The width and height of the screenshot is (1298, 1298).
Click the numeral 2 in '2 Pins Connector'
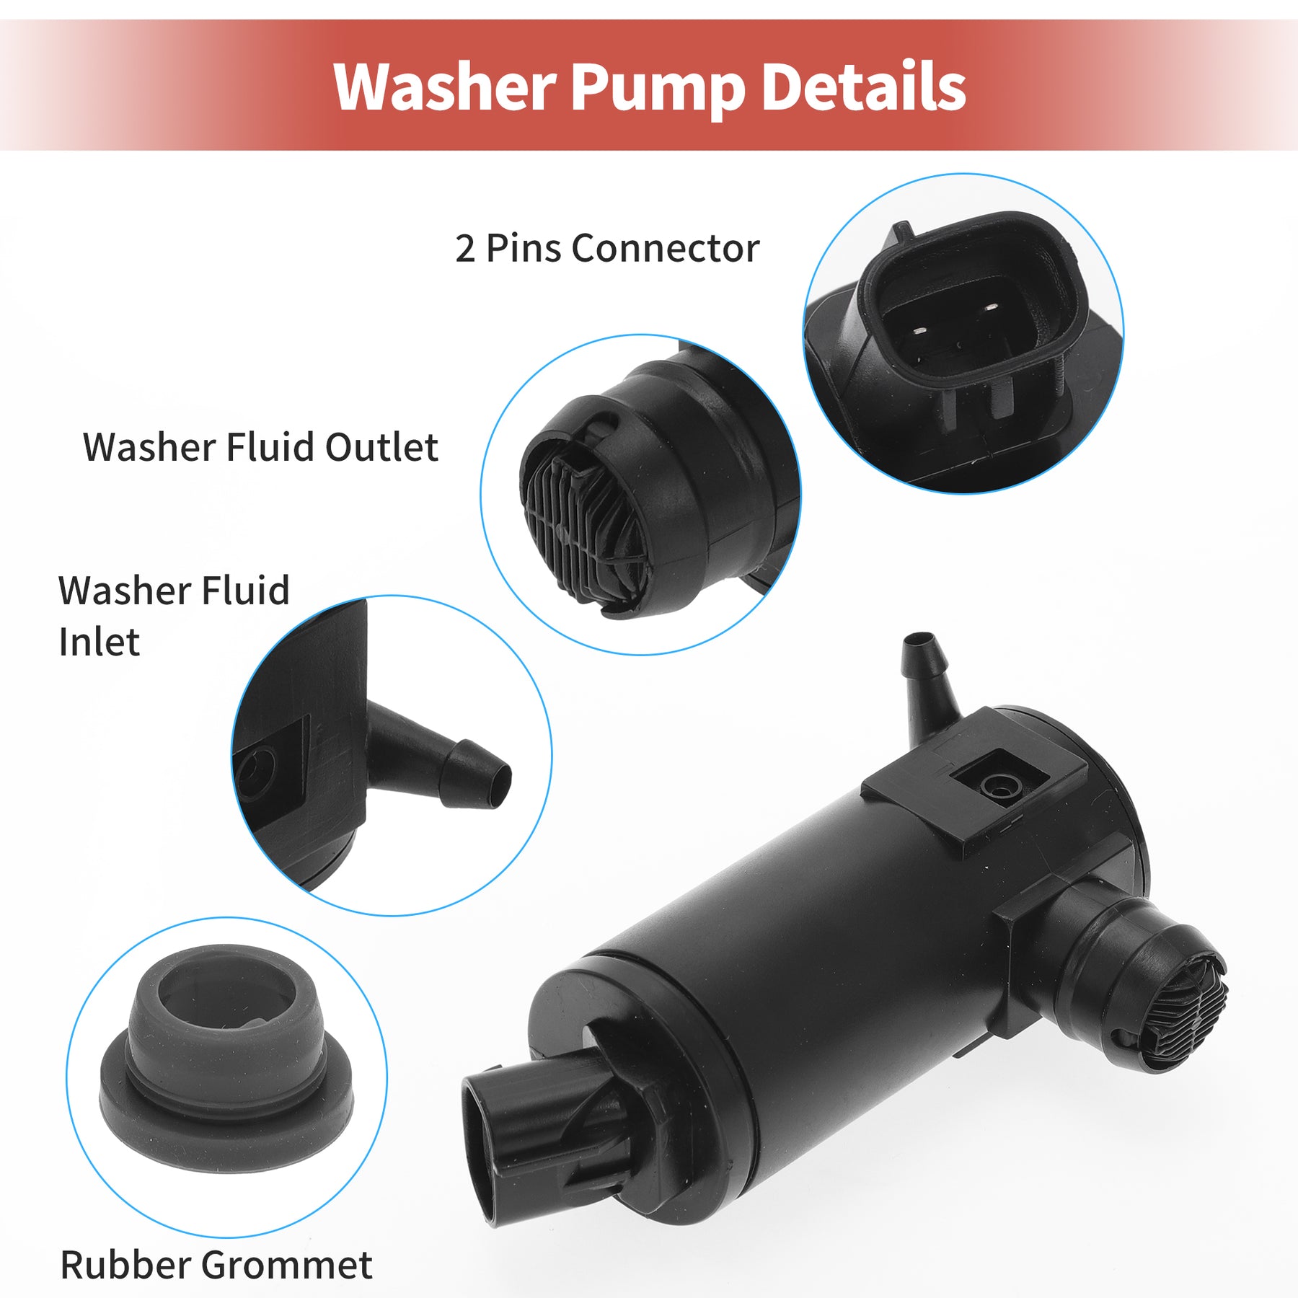click(x=465, y=249)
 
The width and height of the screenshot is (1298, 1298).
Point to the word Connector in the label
click(x=665, y=249)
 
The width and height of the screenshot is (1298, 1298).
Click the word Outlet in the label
click(x=381, y=447)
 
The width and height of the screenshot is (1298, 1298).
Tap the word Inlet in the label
click(x=99, y=643)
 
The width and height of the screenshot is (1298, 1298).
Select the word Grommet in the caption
click(x=286, y=1265)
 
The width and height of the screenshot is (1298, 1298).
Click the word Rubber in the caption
click(x=125, y=1265)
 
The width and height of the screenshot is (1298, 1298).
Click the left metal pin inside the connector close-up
click(x=918, y=331)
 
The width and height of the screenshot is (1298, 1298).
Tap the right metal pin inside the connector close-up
click(x=991, y=307)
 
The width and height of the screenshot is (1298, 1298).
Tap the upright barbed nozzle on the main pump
click(x=930, y=682)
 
